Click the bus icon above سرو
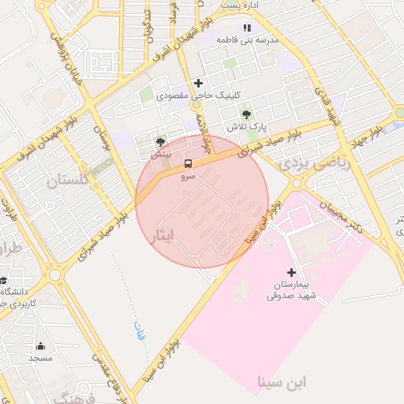tap(188, 164)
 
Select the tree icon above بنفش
tap(161, 142)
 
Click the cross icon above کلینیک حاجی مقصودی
tap(198, 83)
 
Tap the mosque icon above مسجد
tap(40, 346)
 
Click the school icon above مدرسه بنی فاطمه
tap(247, 28)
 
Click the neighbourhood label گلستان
tap(54, 182)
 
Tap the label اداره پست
tap(241, 5)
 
